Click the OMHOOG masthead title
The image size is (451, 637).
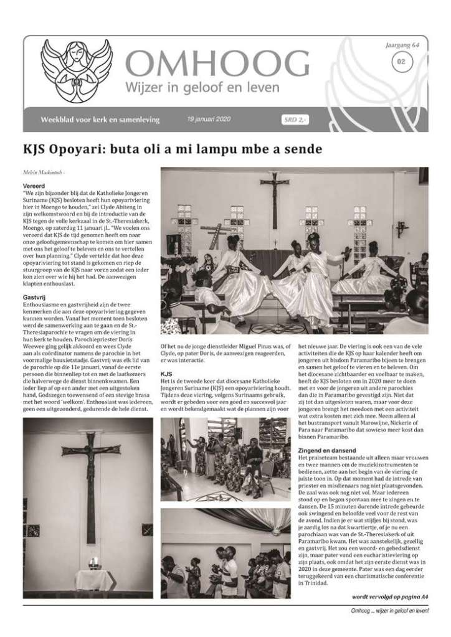(217, 64)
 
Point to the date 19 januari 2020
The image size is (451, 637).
(207, 119)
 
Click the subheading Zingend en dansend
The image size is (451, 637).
(328, 449)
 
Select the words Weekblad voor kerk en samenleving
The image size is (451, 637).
(100, 119)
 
